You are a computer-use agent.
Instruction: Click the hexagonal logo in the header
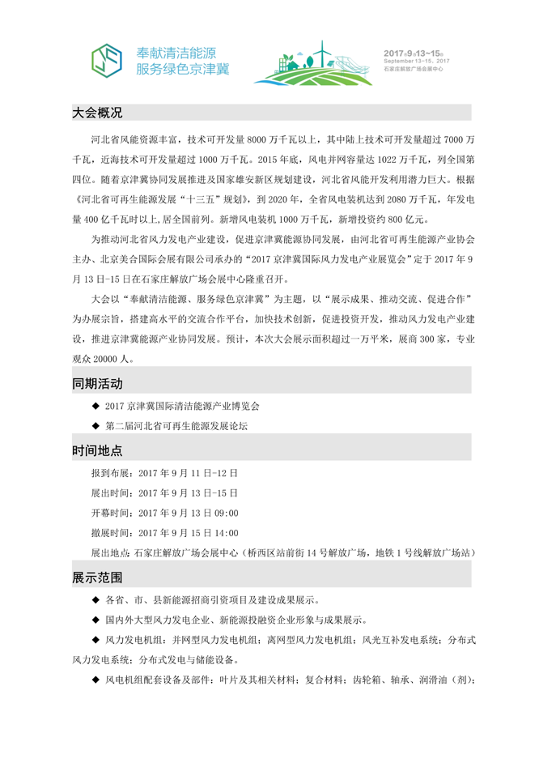pyautogui.click(x=108, y=58)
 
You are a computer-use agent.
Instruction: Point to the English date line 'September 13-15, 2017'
pyautogui.click(x=427, y=61)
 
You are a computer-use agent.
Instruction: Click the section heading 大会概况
pyautogui.click(x=97, y=112)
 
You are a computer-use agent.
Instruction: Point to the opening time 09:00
pyautogui.click(x=226, y=513)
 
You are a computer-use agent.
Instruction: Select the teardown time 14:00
pyautogui.click(x=226, y=533)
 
